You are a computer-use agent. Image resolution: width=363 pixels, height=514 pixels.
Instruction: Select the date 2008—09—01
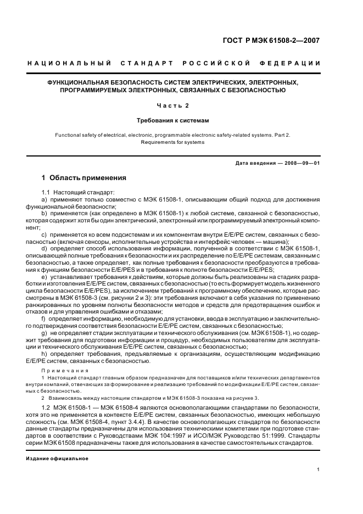pyautogui.click(x=300, y=163)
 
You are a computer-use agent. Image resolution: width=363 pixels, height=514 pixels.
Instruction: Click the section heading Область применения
pyautogui.click(x=88, y=178)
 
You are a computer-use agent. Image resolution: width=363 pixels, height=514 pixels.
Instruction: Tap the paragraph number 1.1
pyautogui.click(x=46, y=193)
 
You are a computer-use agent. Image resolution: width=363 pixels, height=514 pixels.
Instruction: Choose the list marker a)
pyautogui.click(x=44, y=200)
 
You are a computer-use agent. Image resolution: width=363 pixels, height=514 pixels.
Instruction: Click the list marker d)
pyautogui.click(x=44, y=249)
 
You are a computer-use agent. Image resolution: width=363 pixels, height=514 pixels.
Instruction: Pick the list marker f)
pyautogui.click(x=44, y=319)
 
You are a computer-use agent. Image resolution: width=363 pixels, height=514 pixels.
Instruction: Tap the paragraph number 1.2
pyautogui.click(x=46, y=407)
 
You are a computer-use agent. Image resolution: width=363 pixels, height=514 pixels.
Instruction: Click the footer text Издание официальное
pyautogui.click(x=57, y=458)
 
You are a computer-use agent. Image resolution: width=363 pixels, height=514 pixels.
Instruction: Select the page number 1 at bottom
pyautogui.click(x=318, y=470)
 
